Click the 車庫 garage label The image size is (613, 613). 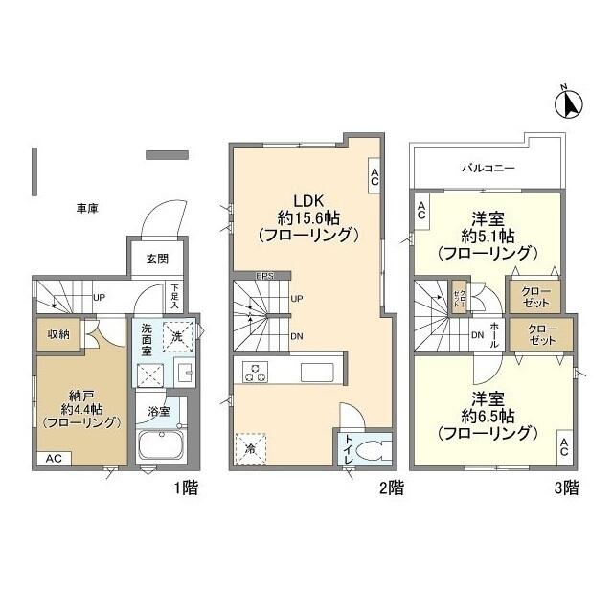click(x=92, y=208)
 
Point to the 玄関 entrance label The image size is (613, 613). click(x=157, y=259)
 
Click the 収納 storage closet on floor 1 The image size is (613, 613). click(x=57, y=334)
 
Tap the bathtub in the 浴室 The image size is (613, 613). click(x=165, y=447)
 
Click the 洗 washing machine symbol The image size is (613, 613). click(x=176, y=335)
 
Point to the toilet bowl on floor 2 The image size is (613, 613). click(x=374, y=450)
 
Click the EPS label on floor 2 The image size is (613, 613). click(x=265, y=277)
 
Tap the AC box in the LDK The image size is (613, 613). click(x=374, y=174)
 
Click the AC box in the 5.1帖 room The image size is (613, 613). click(x=420, y=213)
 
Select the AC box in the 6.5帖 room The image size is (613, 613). click(x=564, y=446)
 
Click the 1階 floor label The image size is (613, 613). click(x=186, y=488)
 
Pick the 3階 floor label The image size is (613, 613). click(x=566, y=488)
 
